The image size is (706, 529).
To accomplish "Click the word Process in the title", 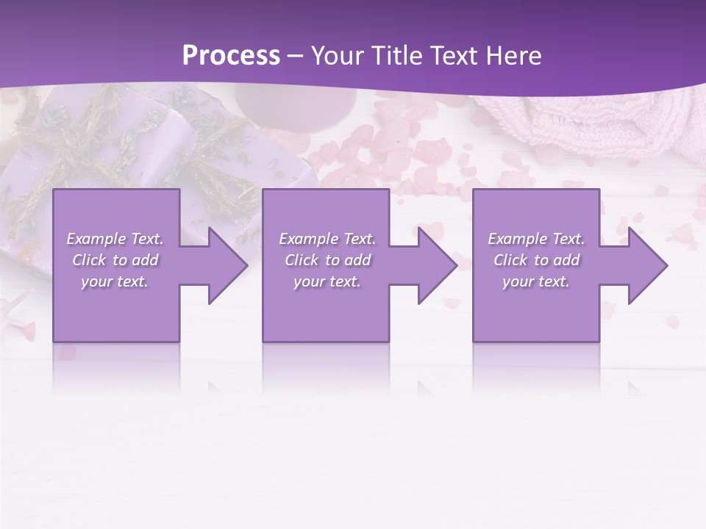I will pos(231,56).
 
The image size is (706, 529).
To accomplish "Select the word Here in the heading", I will pos(513,56).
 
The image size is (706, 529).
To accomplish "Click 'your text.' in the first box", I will pos(115,281).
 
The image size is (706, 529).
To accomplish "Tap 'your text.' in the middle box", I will pos(327,281).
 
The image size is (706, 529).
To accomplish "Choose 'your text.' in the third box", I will pos(536,281).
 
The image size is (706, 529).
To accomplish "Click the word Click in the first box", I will pos(89,260).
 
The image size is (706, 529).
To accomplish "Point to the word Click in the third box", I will pos(510,260).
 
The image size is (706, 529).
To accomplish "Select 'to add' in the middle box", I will pos(348,260).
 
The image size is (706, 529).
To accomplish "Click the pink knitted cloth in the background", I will pos(603,121).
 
